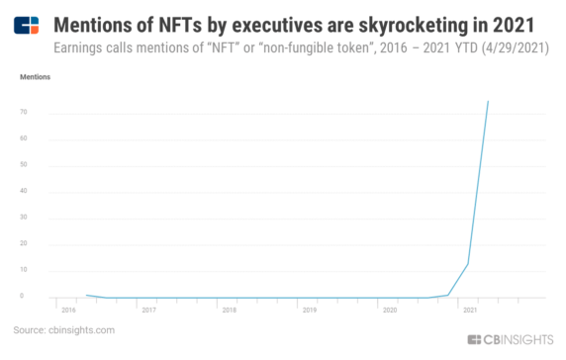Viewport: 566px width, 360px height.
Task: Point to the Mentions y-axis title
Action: point(37,76)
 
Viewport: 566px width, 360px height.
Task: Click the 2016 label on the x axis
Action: point(67,310)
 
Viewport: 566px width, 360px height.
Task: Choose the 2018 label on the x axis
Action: point(229,310)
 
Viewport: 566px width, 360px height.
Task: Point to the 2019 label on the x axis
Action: point(309,310)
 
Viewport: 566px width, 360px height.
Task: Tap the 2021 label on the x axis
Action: point(469,310)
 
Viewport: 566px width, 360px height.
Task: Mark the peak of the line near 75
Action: point(488,100)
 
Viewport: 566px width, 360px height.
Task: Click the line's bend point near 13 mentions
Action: point(467,263)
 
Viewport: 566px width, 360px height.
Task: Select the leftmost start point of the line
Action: point(87,295)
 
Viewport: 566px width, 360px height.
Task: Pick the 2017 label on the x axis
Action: point(148,310)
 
